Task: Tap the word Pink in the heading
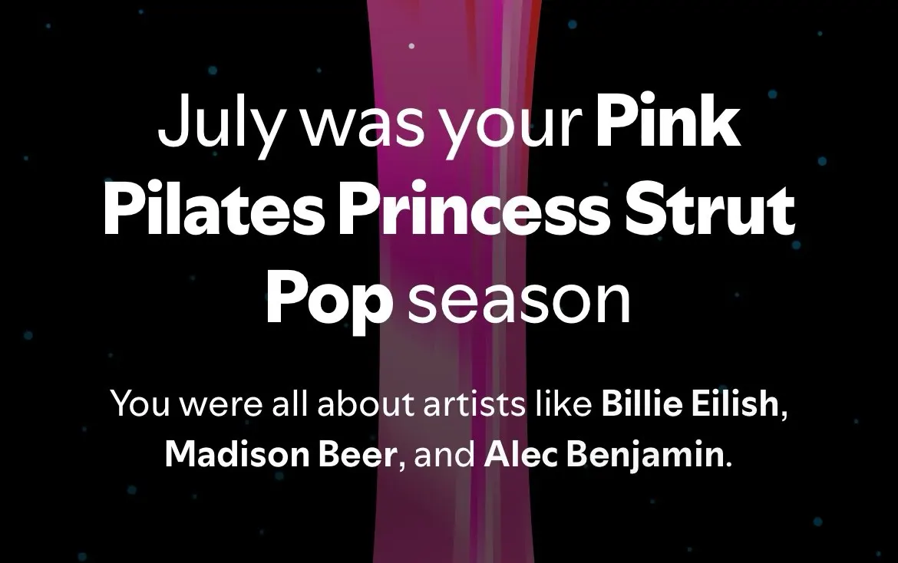(x=668, y=120)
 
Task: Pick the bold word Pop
(x=328, y=301)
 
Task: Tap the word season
(x=518, y=301)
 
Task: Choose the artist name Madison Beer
(x=281, y=455)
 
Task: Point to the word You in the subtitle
(x=140, y=404)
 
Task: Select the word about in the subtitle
(x=365, y=404)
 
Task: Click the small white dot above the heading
(x=411, y=46)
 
